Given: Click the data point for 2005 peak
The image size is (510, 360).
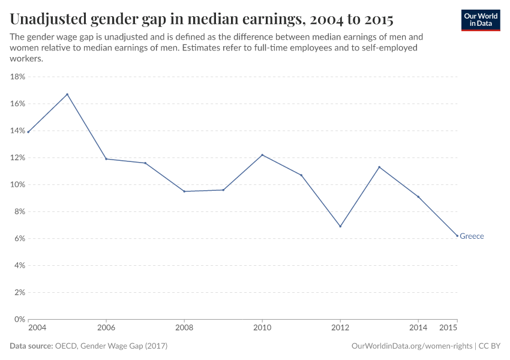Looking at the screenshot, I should [67, 94].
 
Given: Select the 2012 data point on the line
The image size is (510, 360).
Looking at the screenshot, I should [340, 226].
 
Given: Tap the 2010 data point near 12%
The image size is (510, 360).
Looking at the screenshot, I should [262, 155].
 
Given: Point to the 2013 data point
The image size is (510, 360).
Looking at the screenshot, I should [379, 167].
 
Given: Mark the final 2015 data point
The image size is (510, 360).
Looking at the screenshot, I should [457, 236].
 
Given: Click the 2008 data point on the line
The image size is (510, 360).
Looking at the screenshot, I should [184, 191].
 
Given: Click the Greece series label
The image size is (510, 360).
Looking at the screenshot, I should [472, 236].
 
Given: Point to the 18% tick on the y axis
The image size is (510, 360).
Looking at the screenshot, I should [17, 77].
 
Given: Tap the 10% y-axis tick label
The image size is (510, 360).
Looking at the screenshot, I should [17, 185].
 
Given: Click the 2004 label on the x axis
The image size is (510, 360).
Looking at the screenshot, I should [36, 328].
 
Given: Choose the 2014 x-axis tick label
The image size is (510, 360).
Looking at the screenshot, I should [418, 328].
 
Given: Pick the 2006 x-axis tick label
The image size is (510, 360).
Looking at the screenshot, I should [106, 328].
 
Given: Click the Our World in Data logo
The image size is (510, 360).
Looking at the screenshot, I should [481, 20].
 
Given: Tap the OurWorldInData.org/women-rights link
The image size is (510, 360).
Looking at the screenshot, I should [410, 346].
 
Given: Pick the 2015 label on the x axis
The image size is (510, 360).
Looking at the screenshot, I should [449, 328].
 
